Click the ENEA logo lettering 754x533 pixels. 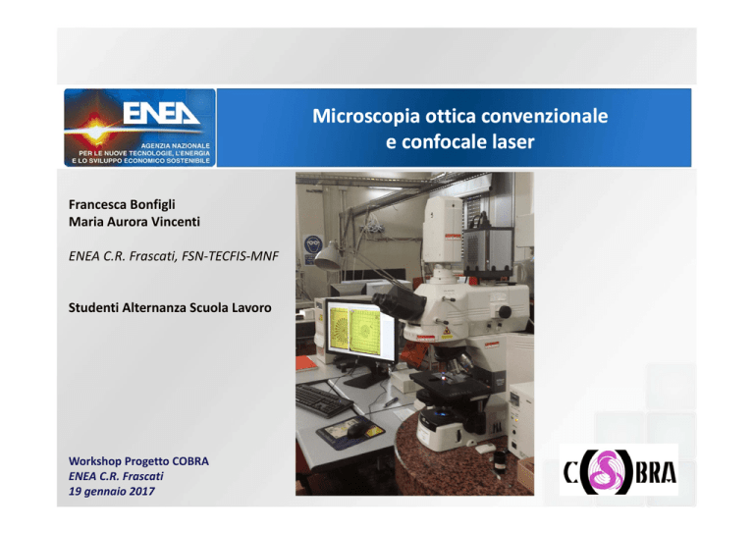[x=161, y=113]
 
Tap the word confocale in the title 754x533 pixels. [x=445, y=142]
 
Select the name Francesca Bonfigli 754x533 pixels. [x=122, y=205]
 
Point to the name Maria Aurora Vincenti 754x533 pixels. [x=135, y=222]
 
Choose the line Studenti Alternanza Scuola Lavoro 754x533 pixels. [x=170, y=307]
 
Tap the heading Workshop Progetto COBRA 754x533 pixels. [x=138, y=461]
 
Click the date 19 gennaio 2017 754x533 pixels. [x=112, y=491]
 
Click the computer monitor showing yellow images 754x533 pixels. [x=359, y=332]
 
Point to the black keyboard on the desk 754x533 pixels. [x=324, y=400]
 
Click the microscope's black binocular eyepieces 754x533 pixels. [x=400, y=301]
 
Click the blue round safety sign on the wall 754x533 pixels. [x=312, y=244]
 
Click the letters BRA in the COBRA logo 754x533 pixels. [x=656, y=472]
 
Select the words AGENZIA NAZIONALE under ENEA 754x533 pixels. [x=175, y=145]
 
